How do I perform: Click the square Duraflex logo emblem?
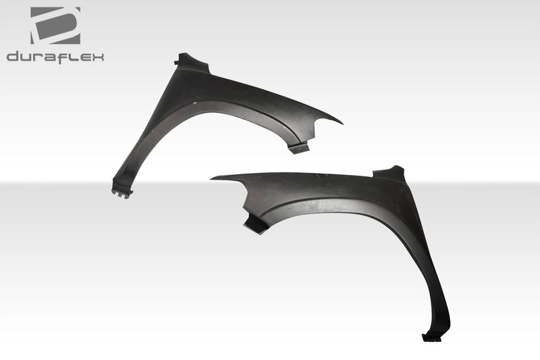[55, 25]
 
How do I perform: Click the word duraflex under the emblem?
[55, 57]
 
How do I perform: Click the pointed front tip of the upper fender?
[341, 123]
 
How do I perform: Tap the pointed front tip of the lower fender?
[213, 178]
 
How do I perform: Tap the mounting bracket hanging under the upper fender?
[298, 147]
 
